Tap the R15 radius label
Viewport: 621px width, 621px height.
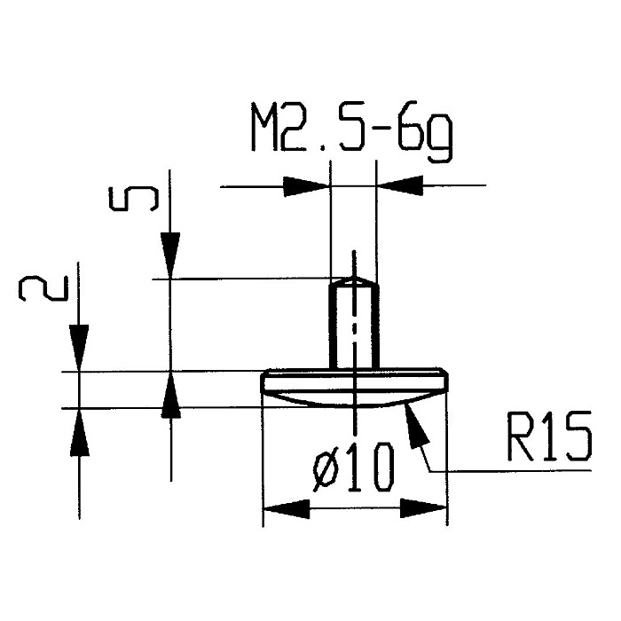pyautogui.click(x=550, y=436)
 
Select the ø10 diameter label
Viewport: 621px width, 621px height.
pyautogui.click(x=354, y=468)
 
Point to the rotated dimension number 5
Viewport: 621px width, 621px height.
pyautogui.click(x=134, y=199)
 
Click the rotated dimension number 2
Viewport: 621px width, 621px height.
pyautogui.click(x=43, y=288)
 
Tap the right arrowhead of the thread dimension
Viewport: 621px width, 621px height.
pyautogui.click(x=399, y=185)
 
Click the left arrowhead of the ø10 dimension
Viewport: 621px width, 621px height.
pyautogui.click(x=286, y=508)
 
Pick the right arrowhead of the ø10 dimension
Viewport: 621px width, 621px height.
pyautogui.click(x=424, y=508)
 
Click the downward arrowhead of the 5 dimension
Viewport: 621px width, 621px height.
pyautogui.click(x=170, y=255)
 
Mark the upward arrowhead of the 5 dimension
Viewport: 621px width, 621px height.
pyautogui.click(x=170, y=395)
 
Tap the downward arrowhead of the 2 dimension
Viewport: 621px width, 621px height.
pyautogui.click(x=79, y=349)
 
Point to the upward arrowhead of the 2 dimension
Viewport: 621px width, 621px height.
pyautogui.click(x=80, y=432)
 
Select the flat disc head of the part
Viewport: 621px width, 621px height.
pyautogui.click(x=354, y=381)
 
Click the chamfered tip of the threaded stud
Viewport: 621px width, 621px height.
pyautogui.click(x=354, y=281)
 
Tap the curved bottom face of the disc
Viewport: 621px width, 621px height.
pyautogui.click(x=354, y=400)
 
